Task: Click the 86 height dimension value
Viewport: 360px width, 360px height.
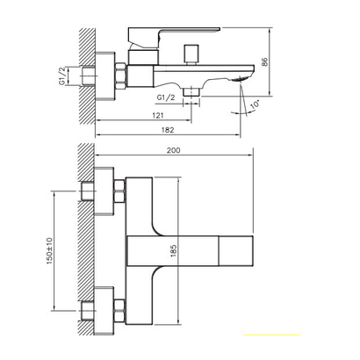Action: tap(264, 62)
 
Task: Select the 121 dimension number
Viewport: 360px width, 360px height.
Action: tap(158, 115)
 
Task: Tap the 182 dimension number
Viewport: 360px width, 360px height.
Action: tap(168, 130)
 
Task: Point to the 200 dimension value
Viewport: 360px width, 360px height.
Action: tap(174, 150)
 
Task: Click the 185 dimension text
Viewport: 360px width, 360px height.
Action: tap(173, 251)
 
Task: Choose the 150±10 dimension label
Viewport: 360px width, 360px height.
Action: tap(49, 251)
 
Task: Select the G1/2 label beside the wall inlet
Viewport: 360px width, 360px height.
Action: tap(62, 76)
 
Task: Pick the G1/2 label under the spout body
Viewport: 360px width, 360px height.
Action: tap(166, 97)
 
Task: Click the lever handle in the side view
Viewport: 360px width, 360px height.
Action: tap(174, 37)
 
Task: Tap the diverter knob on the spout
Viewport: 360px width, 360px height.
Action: tap(191, 54)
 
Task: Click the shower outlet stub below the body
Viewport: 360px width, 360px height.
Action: tap(191, 91)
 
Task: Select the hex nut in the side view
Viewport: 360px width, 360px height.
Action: tap(120, 76)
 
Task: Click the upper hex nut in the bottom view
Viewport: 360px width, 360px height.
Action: tap(120, 191)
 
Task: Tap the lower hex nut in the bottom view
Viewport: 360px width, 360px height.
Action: tap(120, 311)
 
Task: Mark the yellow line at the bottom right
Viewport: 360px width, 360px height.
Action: tap(272, 335)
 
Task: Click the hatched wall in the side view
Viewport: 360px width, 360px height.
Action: tap(87, 76)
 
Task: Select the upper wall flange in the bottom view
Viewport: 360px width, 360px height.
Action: tap(104, 191)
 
